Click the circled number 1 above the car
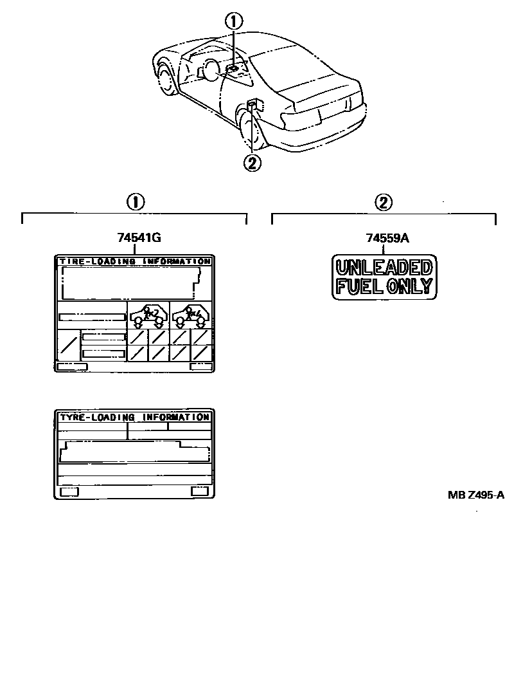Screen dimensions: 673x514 (234, 22)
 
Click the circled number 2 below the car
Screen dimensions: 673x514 (252, 163)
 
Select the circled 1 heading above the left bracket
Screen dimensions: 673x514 (135, 202)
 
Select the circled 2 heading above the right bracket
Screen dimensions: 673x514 (383, 202)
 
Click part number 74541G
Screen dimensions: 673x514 (139, 237)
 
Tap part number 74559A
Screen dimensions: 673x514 (387, 237)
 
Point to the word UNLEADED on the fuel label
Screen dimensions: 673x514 (384, 267)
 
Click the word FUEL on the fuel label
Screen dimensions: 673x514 (359, 286)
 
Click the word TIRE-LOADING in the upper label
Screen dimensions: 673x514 (98, 261)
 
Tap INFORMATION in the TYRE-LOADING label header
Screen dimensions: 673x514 (176, 417)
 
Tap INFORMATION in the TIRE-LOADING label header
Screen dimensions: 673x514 (176, 261)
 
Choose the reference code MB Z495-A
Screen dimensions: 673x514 (476, 495)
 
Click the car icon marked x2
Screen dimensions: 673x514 (148, 315)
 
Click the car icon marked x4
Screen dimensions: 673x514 (191, 315)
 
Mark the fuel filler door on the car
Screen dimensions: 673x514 (254, 104)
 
